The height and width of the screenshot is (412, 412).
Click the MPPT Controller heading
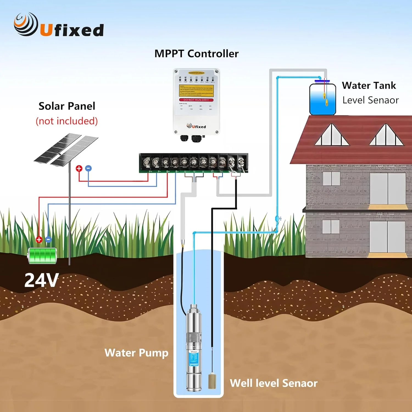196,54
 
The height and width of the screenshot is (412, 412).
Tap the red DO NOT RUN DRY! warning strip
196,100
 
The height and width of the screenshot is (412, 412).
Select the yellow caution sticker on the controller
196,90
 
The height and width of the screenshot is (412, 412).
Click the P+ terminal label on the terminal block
151,172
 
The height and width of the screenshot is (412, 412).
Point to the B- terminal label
177,172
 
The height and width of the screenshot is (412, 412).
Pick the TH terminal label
221,172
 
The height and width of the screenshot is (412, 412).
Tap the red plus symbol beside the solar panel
79,168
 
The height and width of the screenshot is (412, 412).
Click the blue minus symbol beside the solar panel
88,168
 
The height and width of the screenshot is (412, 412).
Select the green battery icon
42,256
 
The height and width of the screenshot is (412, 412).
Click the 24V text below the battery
41,280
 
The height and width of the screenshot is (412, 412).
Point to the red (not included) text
67,121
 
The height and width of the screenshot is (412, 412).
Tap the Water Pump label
136,353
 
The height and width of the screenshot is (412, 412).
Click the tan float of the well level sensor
212,380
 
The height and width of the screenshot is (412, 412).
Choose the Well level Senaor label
274,383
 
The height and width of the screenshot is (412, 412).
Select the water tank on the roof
322,99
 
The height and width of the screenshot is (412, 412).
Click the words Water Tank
369,85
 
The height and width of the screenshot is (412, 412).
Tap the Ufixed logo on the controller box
196,126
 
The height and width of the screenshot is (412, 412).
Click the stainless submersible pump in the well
194,349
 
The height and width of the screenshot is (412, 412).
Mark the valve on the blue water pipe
278,219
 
